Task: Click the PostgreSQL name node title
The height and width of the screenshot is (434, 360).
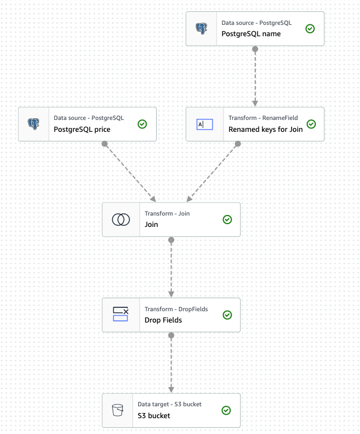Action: pyautogui.click(x=251, y=34)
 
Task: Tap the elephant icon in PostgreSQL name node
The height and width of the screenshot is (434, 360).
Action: pyautogui.click(x=201, y=28)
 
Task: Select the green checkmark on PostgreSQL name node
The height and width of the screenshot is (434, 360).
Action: pyautogui.click(x=310, y=28)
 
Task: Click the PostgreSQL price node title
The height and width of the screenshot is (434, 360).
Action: pyautogui.click(x=82, y=130)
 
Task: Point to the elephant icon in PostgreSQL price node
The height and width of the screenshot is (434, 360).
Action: pyautogui.click(x=33, y=124)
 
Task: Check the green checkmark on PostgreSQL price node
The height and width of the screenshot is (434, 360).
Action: pyautogui.click(x=143, y=124)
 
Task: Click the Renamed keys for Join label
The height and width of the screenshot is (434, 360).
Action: pyautogui.click(x=265, y=130)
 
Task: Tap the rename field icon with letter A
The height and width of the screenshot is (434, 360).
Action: pyautogui.click(x=204, y=124)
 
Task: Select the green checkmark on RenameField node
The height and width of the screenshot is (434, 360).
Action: pyautogui.click(x=311, y=124)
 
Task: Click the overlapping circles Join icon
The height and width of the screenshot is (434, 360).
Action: pyautogui.click(x=121, y=220)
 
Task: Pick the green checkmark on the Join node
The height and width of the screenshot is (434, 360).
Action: pyautogui.click(x=227, y=220)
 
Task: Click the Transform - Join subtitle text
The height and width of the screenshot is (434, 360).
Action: pyautogui.click(x=167, y=214)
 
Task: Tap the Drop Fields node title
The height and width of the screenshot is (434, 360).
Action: pyautogui.click(x=163, y=320)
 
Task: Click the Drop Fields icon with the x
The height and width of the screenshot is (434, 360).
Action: pyautogui.click(x=121, y=314)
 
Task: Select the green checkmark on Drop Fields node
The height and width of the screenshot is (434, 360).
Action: pyautogui.click(x=227, y=315)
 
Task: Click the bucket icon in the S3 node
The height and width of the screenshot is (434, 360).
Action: pyautogui.click(x=117, y=410)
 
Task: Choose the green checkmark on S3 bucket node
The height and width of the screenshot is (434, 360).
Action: pyautogui.click(x=226, y=410)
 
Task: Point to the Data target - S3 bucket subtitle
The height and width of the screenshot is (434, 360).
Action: pyautogui.click(x=169, y=405)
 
